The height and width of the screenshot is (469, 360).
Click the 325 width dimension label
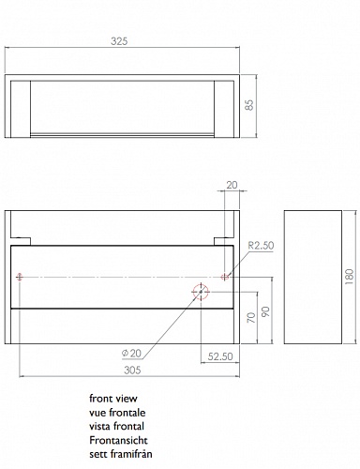click(119, 41)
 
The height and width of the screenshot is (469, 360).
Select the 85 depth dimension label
click(249, 105)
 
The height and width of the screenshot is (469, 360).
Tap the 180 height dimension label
click(350, 277)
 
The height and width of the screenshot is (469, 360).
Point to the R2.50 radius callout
click(261, 246)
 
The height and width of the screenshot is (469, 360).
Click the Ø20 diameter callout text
click(131, 354)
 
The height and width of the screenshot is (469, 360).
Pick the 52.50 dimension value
click(220, 356)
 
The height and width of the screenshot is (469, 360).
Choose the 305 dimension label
click(132, 371)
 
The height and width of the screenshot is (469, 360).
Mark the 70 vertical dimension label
click(251, 318)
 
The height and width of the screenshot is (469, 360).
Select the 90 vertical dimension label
click(265, 311)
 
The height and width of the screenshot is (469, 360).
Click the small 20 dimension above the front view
click(232, 185)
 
